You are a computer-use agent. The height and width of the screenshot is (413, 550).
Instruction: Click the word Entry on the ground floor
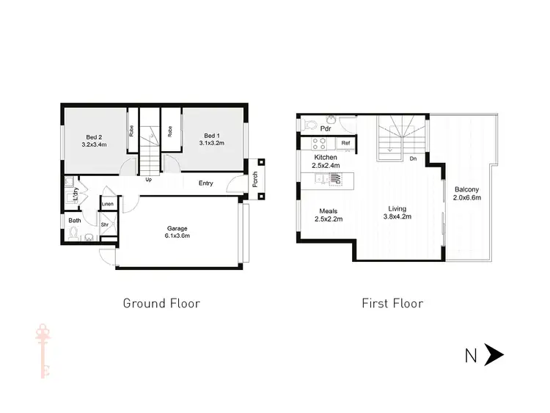[x=206, y=183]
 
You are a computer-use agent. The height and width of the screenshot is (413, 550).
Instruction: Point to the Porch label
[x=254, y=189]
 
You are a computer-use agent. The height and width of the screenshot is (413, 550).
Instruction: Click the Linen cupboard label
[x=108, y=203]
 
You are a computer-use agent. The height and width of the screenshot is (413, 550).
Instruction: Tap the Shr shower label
[x=105, y=225]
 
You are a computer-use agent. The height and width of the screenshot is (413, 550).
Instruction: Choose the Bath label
[x=75, y=220]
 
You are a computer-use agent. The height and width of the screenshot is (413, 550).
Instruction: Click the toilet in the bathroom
[x=74, y=234]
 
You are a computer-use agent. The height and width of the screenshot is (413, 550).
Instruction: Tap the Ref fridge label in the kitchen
[x=345, y=143]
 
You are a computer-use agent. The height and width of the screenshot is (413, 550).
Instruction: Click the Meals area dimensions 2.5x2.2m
[x=329, y=218]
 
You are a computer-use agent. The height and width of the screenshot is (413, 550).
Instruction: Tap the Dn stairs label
[x=414, y=158]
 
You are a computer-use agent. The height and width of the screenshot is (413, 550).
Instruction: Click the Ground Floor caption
[x=161, y=303]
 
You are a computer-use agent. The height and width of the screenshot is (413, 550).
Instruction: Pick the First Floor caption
[x=392, y=303]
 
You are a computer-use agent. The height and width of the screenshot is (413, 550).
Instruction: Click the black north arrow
[x=494, y=357]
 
